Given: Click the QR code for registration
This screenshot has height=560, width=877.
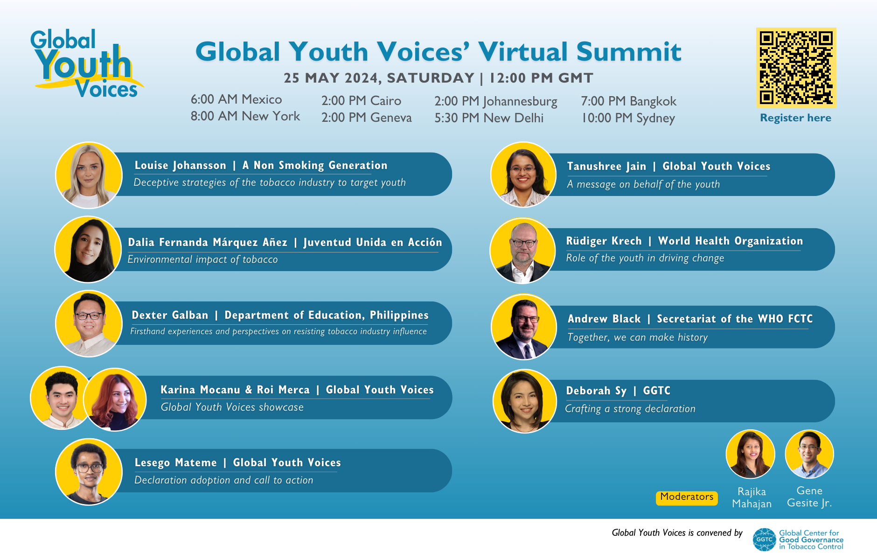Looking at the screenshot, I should tap(796, 68).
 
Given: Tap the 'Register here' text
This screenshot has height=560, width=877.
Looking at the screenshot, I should tap(795, 118).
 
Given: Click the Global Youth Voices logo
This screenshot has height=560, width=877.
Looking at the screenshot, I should tap(86, 64).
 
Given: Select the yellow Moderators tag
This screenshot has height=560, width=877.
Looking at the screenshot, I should tap(687, 497).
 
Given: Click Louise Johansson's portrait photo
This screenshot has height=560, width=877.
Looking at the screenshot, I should tap(89, 175).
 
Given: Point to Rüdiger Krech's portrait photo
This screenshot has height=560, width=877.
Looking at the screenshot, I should tap(523, 251).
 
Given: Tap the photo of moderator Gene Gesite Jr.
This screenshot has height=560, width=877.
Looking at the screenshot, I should tap(809, 454).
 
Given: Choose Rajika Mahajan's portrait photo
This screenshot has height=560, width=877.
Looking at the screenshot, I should tap(750, 454).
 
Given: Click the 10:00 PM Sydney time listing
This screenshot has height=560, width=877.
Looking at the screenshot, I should tap(628, 118).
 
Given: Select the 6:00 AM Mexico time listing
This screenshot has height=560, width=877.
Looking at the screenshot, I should tap(236, 99).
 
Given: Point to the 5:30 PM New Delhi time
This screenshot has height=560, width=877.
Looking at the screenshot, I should tap(489, 118).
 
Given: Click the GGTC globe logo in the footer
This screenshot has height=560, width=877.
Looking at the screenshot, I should tap(764, 539).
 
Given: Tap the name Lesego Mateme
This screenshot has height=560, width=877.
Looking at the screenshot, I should tap(175, 462).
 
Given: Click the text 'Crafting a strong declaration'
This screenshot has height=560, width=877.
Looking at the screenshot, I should tap(630, 409).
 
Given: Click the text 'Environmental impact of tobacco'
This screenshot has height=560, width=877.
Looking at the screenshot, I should tap(202, 259).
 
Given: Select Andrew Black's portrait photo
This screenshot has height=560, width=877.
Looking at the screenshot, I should tap(524, 327).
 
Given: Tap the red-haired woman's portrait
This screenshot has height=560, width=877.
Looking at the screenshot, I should tap(115, 400).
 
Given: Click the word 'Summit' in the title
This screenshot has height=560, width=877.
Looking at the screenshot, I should tap(629, 51).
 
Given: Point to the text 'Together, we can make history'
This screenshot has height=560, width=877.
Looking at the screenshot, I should tap(637, 337).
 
